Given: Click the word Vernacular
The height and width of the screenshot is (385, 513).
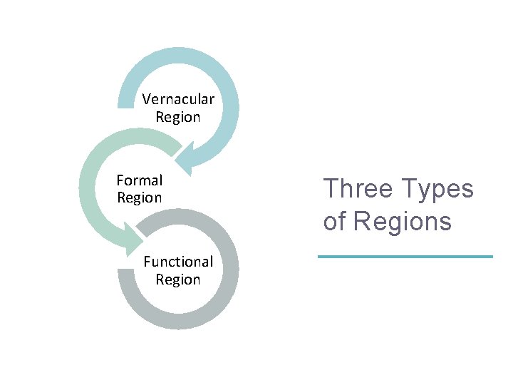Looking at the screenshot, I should point(178,99).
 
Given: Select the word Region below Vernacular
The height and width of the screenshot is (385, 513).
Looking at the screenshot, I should point(178,117).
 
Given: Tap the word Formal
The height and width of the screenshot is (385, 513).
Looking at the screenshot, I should point(140,180).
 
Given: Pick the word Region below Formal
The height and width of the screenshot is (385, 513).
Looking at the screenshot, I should point(140,197).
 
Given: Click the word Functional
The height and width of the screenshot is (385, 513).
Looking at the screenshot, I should point(178,262).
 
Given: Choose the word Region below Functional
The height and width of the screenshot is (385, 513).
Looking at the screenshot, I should point(178,279).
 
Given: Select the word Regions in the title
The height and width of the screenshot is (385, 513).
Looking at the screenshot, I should point(403,222).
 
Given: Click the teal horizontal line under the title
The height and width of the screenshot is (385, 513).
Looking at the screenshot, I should point(405,256).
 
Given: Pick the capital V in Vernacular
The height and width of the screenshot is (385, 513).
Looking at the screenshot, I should point(146,99).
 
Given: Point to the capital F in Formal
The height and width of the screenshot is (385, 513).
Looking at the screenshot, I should point(120,180).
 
